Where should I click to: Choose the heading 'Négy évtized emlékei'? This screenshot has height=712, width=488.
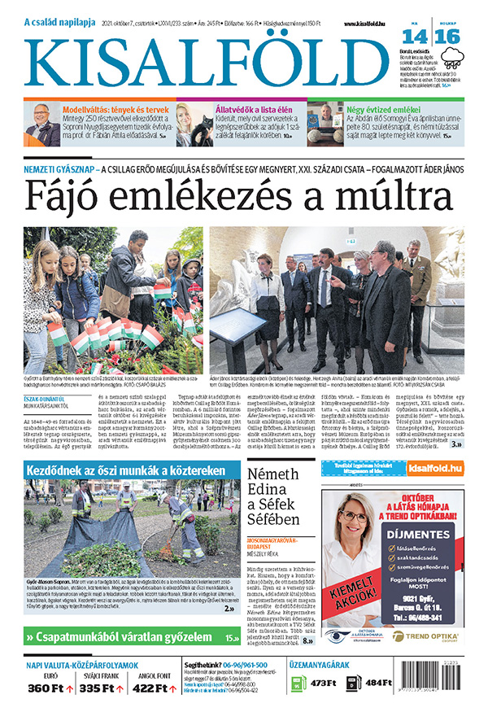pos(384,107)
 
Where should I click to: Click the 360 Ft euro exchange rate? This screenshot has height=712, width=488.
pos(46,688)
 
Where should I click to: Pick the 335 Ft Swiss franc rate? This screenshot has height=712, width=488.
pos(97,688)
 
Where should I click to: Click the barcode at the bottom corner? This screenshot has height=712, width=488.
pos(456,682)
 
